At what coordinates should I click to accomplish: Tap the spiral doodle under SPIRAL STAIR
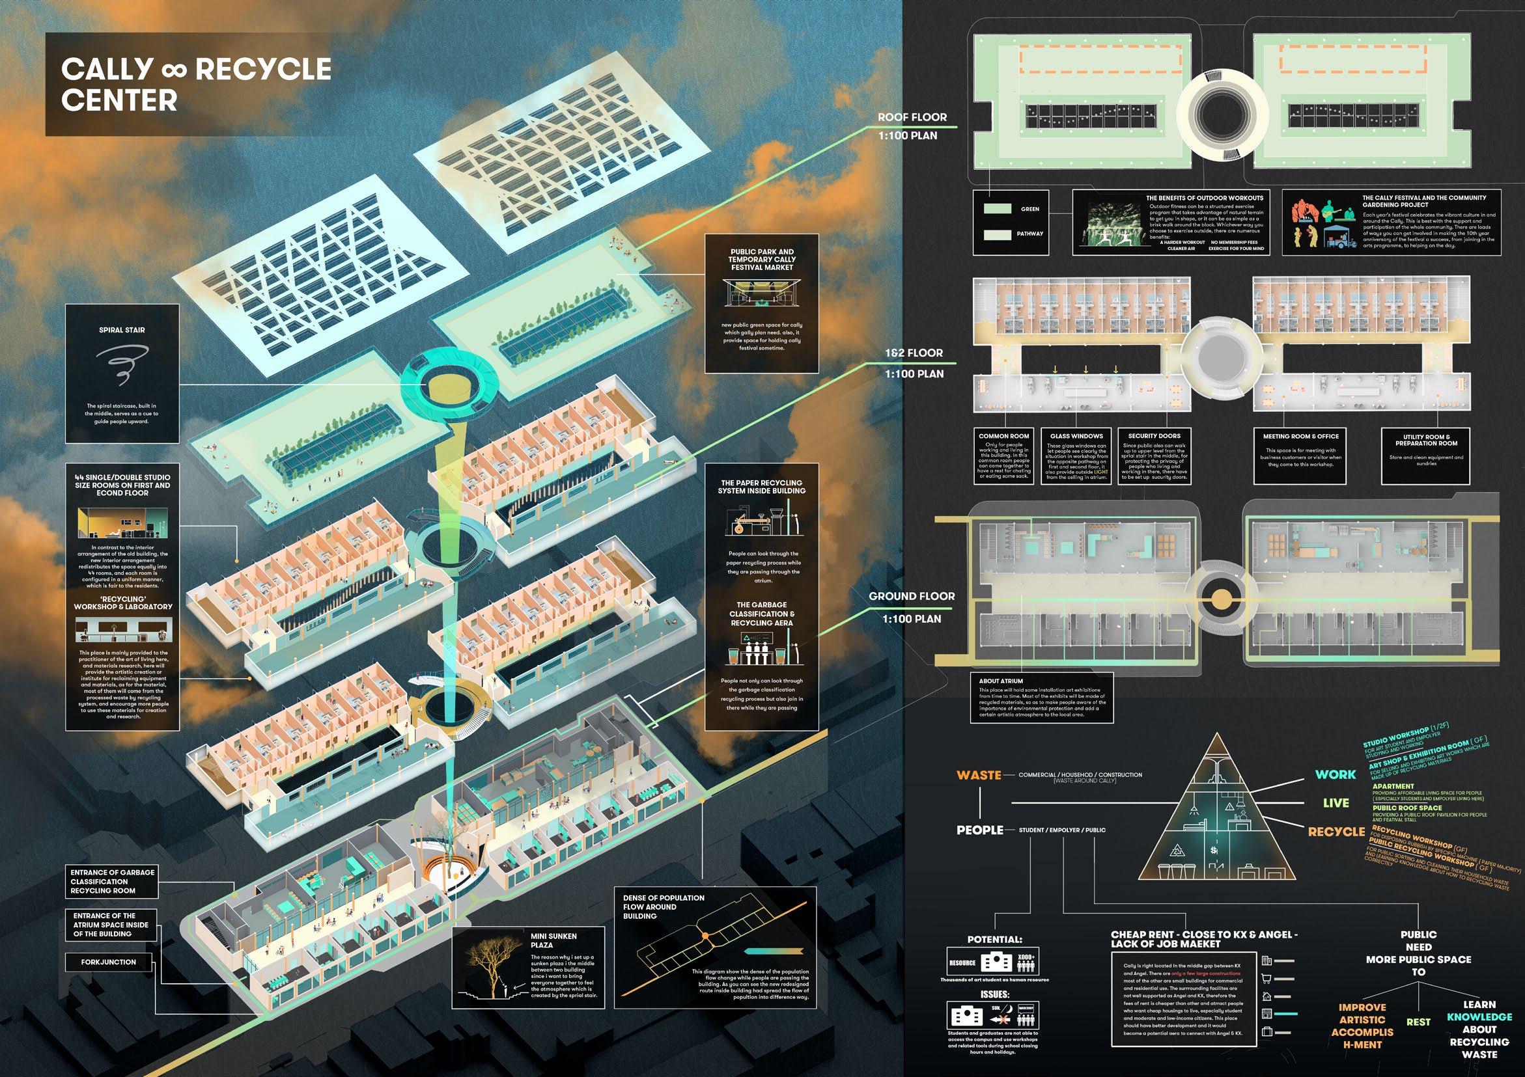122,366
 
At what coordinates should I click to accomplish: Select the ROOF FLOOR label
912,118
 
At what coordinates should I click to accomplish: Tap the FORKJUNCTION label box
108,962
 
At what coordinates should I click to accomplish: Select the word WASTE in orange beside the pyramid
979,775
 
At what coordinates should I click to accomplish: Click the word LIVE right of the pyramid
1336,804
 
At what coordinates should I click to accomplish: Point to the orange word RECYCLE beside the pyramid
1336,831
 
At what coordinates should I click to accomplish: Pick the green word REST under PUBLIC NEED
1418,1022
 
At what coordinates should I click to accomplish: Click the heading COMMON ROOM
1003,436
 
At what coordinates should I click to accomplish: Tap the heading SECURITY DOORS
1154,436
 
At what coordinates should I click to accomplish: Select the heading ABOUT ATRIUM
1001,681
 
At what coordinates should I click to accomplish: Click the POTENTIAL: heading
994,940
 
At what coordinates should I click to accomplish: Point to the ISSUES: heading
994,994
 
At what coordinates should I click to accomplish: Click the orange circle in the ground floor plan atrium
1220,599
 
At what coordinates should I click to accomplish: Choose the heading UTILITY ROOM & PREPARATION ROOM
1426,440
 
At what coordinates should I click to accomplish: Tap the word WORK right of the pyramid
1336,774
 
